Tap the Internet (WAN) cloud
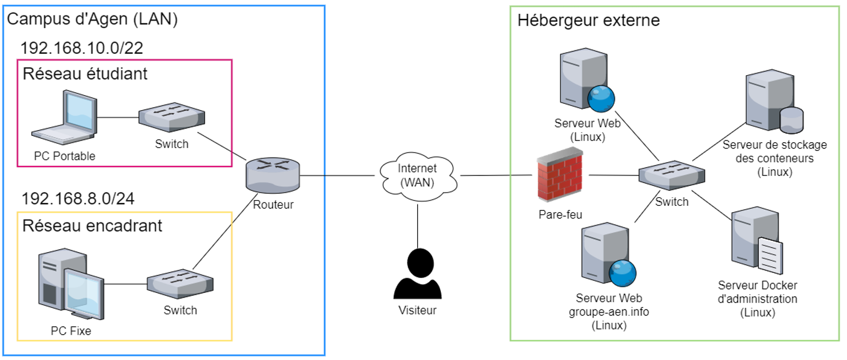(417, 175)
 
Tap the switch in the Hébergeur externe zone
(672, 174)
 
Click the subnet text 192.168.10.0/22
(81, 48)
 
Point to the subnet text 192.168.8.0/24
(78, 199)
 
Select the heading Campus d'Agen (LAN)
(92, 19)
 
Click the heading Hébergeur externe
(589, 21)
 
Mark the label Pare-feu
(560, 214)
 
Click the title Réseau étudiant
(85, 73)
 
